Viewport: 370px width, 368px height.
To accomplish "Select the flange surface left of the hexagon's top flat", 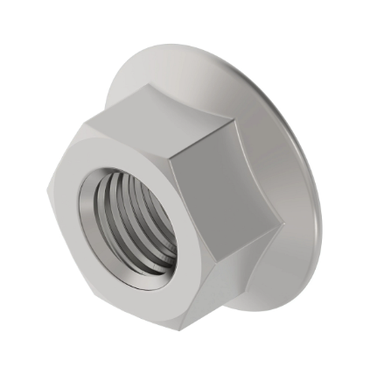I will pyautogui.click(x=122, y=88).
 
